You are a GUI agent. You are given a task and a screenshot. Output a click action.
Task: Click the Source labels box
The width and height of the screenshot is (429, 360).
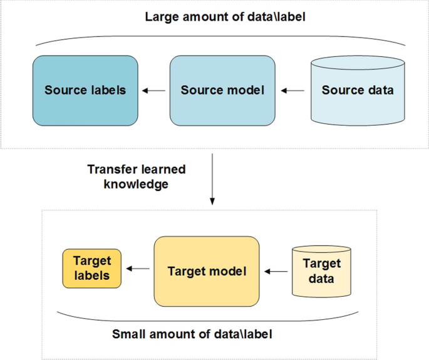(x=85, y=90)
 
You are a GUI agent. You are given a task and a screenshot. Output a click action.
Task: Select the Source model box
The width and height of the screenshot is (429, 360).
(x=222, y=90)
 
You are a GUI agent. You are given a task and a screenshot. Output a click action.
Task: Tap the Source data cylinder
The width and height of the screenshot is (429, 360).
(x=358, y=90)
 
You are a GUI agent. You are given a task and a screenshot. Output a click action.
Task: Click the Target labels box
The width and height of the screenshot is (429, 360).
(x=92, y=268)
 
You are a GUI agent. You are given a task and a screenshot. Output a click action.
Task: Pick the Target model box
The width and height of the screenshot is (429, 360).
(x=207, y=271)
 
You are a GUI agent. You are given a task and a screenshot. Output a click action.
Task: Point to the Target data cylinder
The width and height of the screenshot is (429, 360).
(x=321, y=271)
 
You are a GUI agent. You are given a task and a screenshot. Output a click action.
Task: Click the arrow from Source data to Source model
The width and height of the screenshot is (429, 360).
(x=292, y=91)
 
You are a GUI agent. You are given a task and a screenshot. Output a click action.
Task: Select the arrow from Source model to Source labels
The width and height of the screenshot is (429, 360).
(x=154, y=91)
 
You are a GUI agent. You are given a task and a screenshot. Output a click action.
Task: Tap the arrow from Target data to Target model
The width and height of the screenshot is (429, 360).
(x=276, y=272)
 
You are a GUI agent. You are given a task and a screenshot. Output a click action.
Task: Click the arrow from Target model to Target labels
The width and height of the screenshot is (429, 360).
(x=138, y=269)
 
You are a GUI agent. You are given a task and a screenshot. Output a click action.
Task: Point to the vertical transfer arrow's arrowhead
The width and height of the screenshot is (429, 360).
(x=212, y=201)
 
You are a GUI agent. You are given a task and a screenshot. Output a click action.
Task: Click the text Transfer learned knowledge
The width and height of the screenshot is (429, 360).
(x=137, y=177)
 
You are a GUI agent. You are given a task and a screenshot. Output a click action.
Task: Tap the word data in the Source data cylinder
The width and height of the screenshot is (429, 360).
(x=380, y=90)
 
